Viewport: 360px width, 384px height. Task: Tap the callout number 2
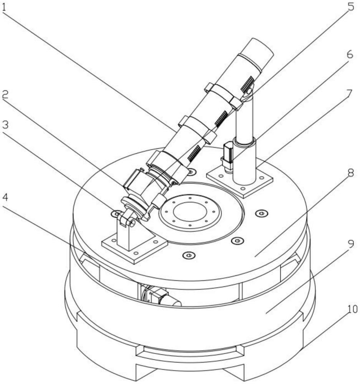coord(5,94)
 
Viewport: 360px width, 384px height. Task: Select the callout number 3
coord(5,124)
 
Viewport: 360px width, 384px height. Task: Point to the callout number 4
coord(5,197)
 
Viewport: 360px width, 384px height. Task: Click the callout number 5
coord(351,7)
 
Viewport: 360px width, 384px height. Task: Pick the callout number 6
coord(350,55)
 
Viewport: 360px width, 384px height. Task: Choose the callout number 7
coord(349,94)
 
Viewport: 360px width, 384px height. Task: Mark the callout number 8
coord(351,173)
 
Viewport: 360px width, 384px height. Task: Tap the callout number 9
coord(351,244)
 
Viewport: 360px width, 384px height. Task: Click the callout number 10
coord(353,309)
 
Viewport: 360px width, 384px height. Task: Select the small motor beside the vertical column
coord(228,157)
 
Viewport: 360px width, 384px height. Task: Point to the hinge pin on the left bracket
coord(132,223)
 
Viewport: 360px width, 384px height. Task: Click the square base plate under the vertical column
coord(240,180)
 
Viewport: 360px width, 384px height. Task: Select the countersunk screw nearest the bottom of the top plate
coord(189,255)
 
